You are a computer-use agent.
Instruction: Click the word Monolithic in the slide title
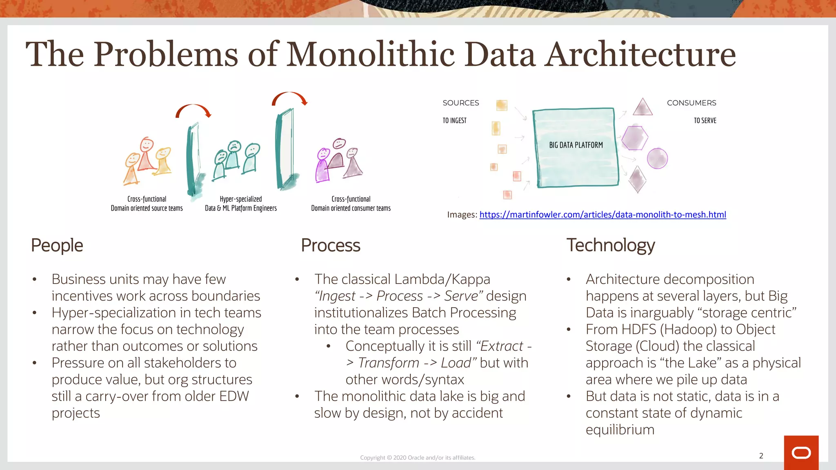tap(370, 54)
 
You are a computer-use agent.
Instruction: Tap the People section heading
tap(57, 245)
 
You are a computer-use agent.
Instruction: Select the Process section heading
tap(330, 245)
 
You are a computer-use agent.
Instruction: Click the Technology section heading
tap(610, 245)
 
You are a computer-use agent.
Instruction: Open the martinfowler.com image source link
tap(603, 215)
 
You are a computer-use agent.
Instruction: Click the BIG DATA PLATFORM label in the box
tap(576, 145)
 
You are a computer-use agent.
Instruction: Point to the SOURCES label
tap(460, 103)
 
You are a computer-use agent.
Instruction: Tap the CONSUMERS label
tap(691, 103)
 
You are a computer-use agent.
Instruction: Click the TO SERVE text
tap(705, 120)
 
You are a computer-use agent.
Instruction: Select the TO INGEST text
tap(454, 120)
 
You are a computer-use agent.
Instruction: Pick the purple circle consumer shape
tap(657, 158)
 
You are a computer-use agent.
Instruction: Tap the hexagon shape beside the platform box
tap(634, 138)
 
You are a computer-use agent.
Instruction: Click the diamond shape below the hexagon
tap(637, 179)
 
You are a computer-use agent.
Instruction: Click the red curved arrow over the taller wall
tap(289, 98)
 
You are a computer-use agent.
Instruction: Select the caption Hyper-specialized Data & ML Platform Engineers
tap(240, 204)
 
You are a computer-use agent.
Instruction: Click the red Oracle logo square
tap(801, 452)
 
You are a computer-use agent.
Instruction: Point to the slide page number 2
tap(761, 456)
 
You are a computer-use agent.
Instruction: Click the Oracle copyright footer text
tap(418, 458)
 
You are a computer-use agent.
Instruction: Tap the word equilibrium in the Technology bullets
tap(620, 430)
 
